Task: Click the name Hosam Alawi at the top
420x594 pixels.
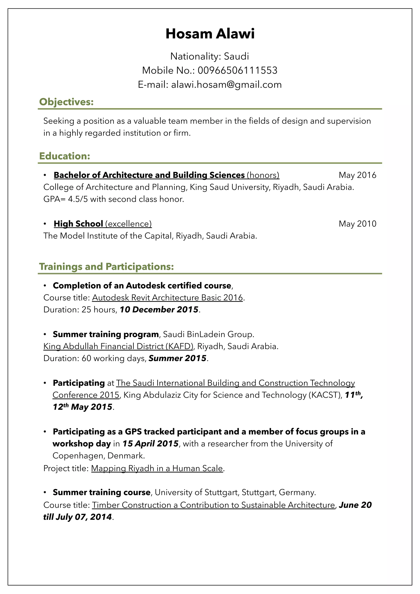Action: click(x=210, y=34)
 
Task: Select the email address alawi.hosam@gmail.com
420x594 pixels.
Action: click(x=226, y=85)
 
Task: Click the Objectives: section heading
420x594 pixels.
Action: click(x=66, y=102)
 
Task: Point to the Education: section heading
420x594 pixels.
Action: click(x=64, y=156)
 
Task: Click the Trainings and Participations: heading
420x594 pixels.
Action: click(x=106, y=267)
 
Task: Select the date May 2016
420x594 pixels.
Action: click(x=357, y=175)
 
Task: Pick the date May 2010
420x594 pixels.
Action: click(x=357, y=224)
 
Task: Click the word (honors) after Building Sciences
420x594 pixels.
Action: click(x=263, y=175)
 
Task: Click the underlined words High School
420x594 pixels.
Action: click(x=78, y=224)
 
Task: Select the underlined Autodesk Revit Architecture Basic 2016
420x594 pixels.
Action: click(x=167, y=298)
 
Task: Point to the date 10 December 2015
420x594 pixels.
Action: click(x=159, y=310)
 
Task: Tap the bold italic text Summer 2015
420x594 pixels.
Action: click(x=177, y=358)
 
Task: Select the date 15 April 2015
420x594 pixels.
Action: click(x=150, y=444)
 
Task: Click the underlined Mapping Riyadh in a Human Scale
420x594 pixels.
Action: click(x=157, y=468)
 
